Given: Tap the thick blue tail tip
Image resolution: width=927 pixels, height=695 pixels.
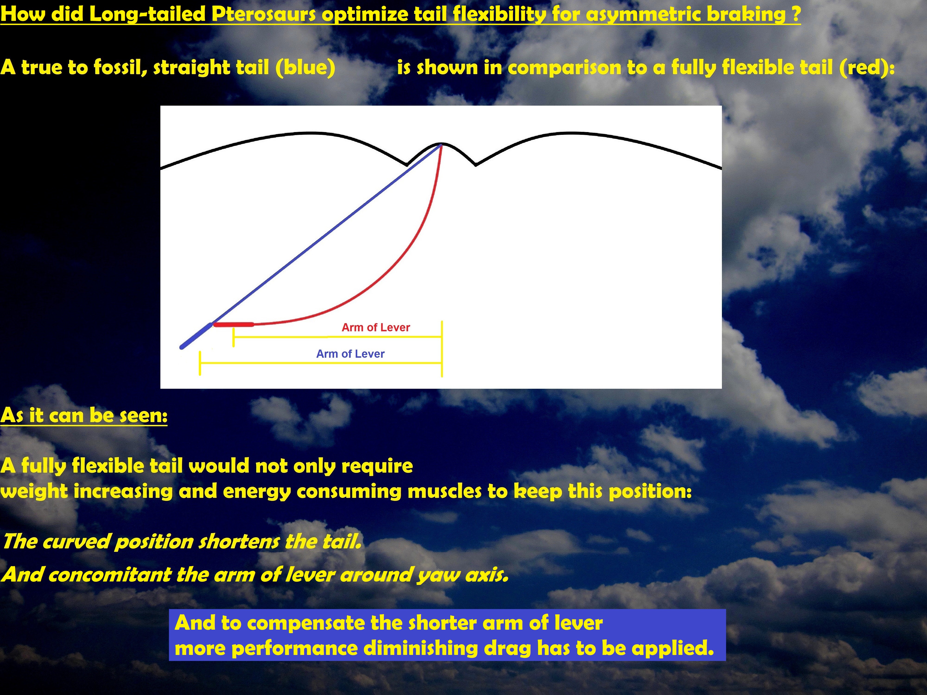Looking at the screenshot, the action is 196,335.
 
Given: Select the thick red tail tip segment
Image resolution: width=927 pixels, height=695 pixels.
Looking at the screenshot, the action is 233,324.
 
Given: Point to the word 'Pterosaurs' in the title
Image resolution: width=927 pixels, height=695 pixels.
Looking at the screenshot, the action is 264,14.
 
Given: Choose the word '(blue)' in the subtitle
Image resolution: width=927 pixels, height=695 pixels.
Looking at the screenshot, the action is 305,67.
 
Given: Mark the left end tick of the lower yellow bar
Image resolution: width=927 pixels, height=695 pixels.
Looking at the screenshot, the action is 200,363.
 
